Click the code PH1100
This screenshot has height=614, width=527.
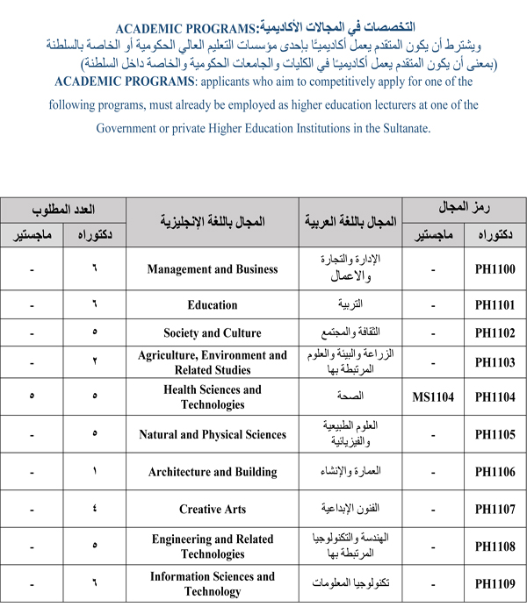point(495,270)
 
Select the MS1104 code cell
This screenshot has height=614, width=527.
point(433,397)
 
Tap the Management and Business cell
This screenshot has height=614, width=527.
point(213,270)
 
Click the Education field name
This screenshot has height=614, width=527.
point(213,305)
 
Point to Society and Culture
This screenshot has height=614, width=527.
point(213,333)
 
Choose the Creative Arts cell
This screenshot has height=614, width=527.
point(213,509)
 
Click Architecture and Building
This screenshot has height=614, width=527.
point(213,472)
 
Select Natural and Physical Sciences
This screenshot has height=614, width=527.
point(213,434)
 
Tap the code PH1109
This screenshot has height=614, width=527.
point(495,583)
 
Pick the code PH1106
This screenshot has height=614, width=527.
point(495,472)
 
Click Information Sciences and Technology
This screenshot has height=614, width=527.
point(213,583)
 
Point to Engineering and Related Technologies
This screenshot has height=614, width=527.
point(213,546)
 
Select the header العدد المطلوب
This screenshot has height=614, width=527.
point(63,210)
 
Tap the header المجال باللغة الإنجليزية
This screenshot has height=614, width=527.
point(213,223)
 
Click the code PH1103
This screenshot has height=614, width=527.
point(495,361)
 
